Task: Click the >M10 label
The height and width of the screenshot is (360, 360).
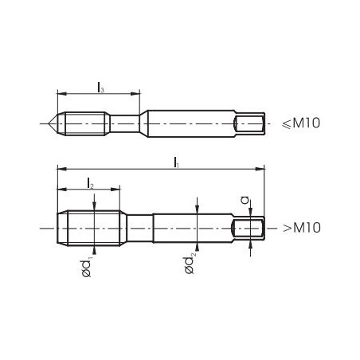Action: [x=302, y=228]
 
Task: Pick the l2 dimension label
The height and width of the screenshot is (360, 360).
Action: [x=90, y=184]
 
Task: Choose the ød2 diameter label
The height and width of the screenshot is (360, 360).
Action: [x=190, y=264]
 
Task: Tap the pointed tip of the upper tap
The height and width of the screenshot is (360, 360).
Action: [x=50, y=123]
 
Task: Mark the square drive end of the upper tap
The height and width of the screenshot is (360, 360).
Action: [x=250, y=123]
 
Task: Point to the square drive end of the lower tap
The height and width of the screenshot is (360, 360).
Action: [x=248, y=228]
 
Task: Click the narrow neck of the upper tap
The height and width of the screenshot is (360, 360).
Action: [x=124, y=123]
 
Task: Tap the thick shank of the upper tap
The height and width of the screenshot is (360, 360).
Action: [x=190, y=123]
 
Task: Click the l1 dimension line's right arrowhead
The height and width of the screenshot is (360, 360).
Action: [x=261, y=168]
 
